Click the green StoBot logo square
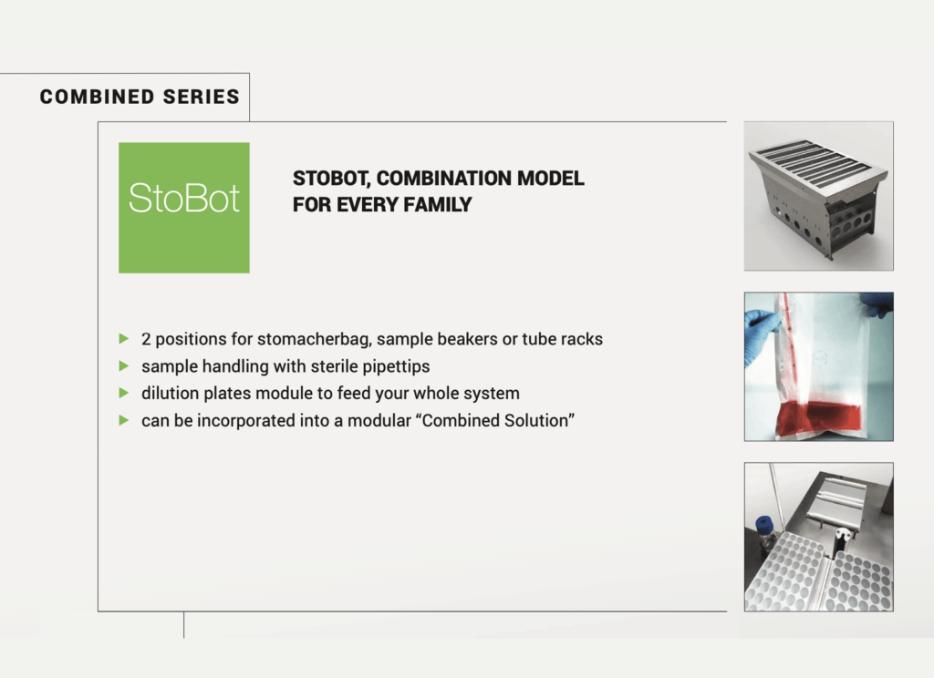click(x=183, y=208)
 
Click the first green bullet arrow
click(x=124, y=339)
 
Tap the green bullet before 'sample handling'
click(x=124, y=366)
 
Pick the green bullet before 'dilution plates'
click(x=124, y=394)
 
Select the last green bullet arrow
click(x=124, y=422)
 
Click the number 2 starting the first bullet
click(x=146, y=339)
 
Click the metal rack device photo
click(x=818, y=196)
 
